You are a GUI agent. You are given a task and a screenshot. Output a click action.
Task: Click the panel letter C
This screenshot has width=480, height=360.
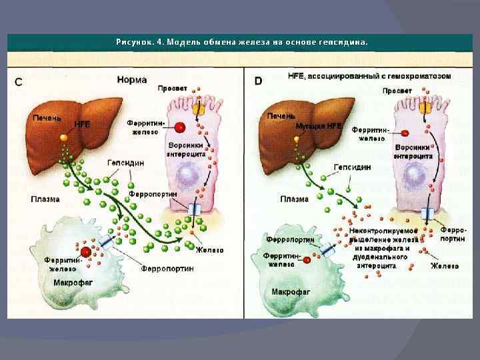pos(19,82)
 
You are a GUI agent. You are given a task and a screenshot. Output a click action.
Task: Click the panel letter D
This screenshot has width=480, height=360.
pos(258,81)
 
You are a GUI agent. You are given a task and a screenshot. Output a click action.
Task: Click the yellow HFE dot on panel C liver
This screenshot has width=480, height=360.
pos(63,137)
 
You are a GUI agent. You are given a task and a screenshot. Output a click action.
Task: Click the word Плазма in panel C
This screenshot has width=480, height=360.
pos(45,199)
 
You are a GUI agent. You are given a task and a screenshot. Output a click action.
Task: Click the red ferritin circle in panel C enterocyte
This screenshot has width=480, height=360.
pos(181,127)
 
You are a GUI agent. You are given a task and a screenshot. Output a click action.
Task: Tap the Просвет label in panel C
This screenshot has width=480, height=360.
pos(173,88)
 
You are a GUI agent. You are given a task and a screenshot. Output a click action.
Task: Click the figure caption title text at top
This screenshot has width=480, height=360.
pos(241,41)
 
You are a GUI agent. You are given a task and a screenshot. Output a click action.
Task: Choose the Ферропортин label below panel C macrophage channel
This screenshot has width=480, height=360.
pos(167,269)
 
